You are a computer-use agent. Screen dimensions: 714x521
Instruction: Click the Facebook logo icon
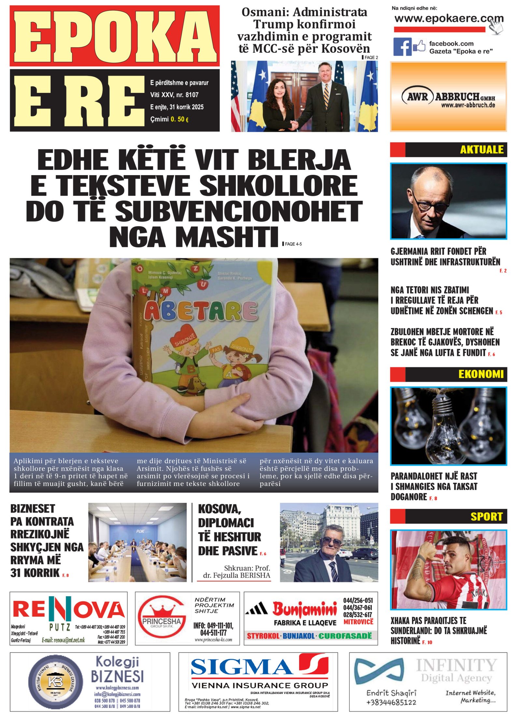pyautogui.click(x=402, y=47)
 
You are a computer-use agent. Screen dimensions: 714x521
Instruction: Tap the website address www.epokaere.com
pyautogui.click(x=448, y=19)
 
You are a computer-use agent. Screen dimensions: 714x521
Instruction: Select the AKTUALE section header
pyautogui.click(x=481, y=149)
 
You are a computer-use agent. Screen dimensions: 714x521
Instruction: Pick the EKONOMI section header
pyautogui.click(x=481, y=374)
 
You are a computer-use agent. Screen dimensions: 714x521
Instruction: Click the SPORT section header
pyautogui.click(x=486, y=516)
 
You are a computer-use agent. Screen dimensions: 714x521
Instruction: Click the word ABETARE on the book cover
pyautogui.click(x=201, y=311)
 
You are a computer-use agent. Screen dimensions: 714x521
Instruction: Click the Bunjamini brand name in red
pyautogui.click(x=304, y=610)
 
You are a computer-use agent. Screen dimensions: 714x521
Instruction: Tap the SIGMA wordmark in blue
pyautogui.click(x=241, y=667)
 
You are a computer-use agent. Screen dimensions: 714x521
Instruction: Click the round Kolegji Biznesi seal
pyautogui.click(x=55, y=681)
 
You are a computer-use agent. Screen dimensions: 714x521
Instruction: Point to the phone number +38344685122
pyautogui.click(x=391, y=702)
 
